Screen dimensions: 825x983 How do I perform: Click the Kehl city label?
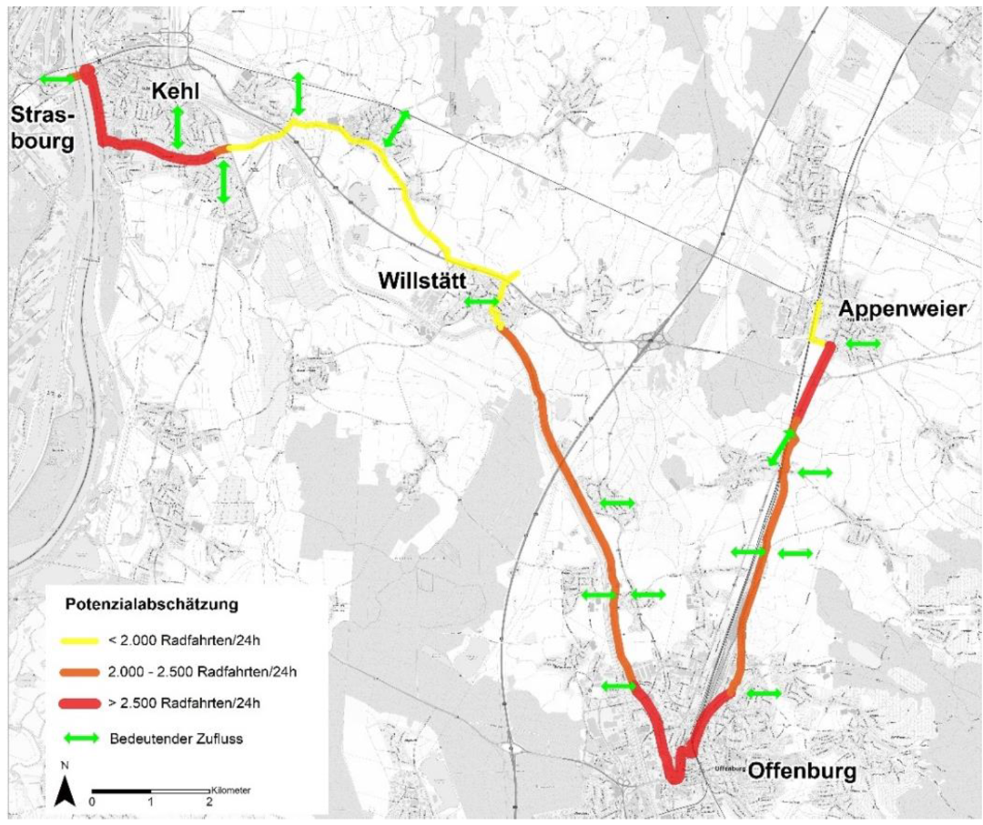176,92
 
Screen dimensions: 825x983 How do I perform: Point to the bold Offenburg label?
803,771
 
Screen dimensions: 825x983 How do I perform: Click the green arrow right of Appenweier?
863,344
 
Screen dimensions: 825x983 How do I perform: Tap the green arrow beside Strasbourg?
57,80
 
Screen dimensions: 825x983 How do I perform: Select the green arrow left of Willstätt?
481,301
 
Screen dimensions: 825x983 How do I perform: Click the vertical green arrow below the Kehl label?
178,127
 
